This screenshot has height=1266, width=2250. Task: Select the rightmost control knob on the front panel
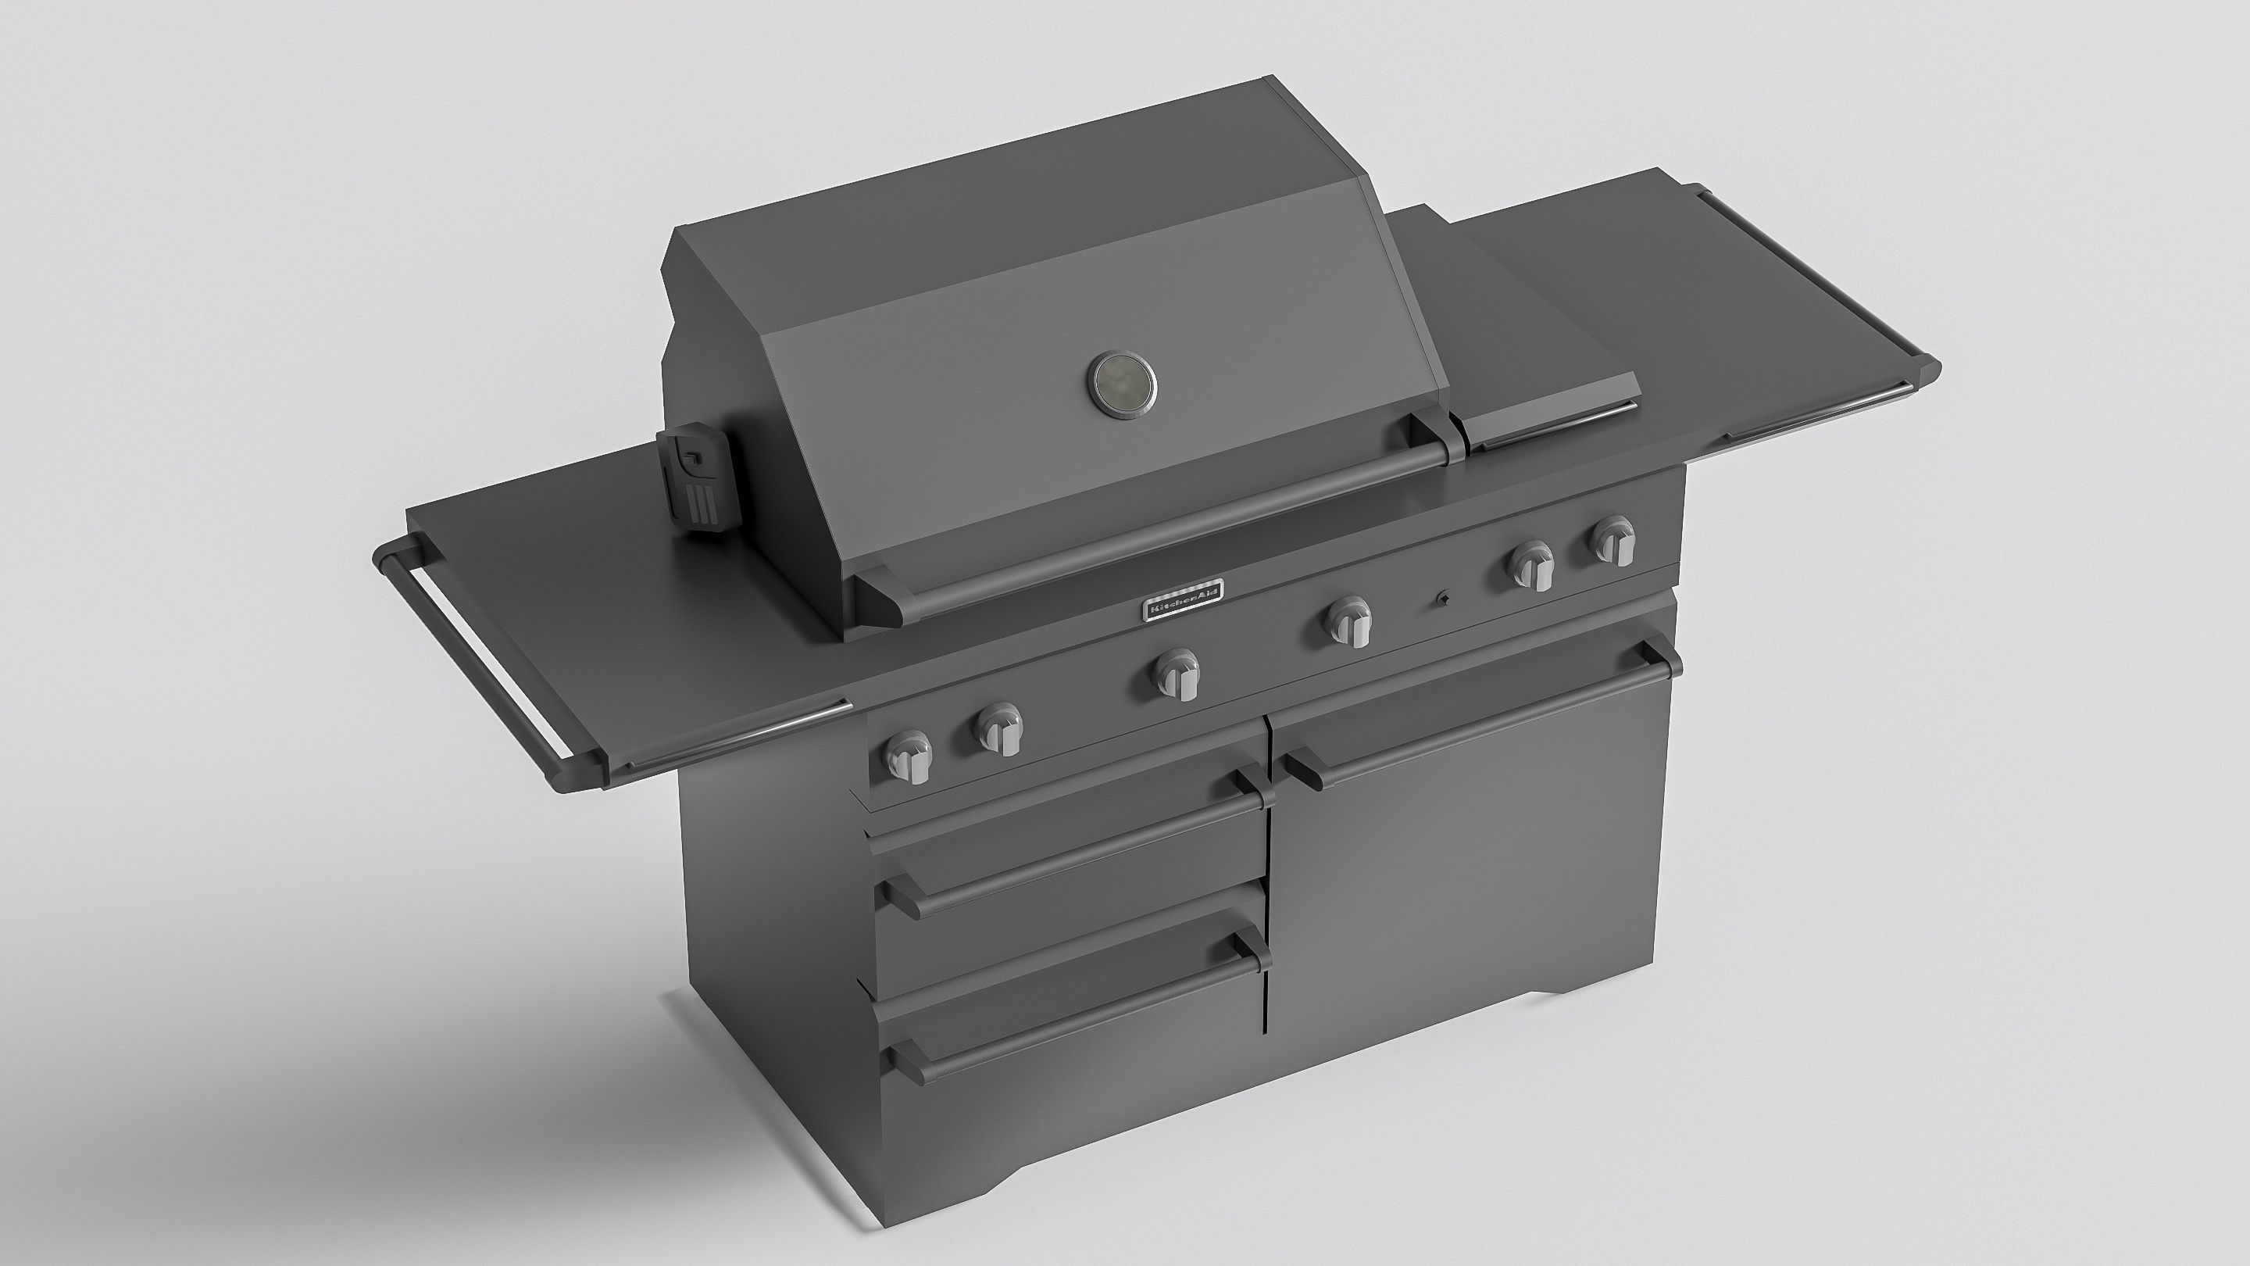1612,539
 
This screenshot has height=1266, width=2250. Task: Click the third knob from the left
1177,674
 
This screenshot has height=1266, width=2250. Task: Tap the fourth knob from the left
1348,622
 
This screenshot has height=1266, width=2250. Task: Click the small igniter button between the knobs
1442,599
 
